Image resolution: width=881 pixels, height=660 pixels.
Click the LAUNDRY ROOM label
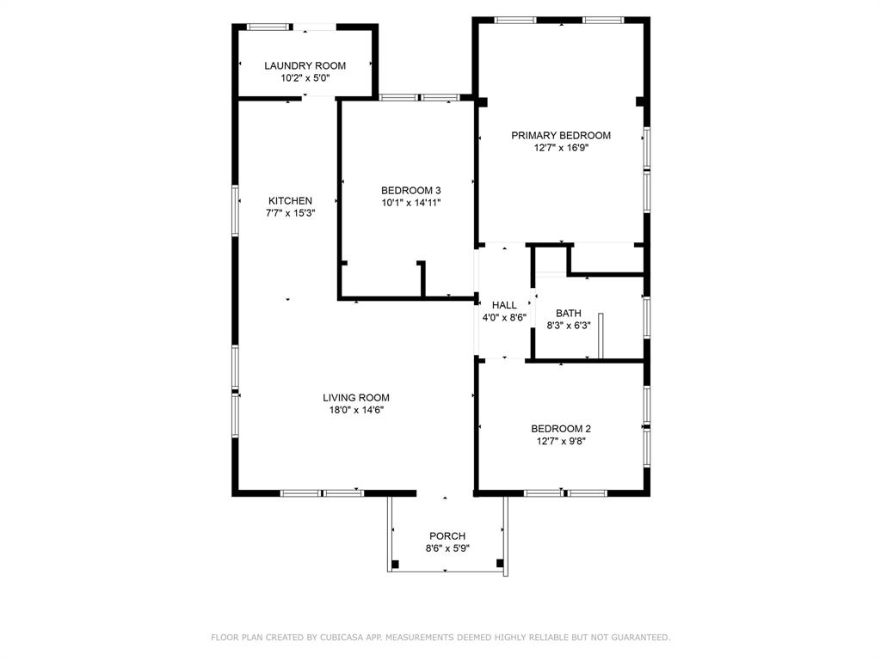[x=305, y=65]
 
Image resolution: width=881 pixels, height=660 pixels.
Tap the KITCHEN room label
[x=290, y=201]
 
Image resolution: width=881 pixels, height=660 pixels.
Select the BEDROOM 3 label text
[x=411, y=191]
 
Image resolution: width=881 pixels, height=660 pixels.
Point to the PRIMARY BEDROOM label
[x=561, y=135]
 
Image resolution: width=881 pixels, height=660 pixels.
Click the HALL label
[x=504, y=305]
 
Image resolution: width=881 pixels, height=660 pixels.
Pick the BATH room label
[x=568, y=314]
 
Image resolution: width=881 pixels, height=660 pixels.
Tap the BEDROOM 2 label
[x=561, y=429]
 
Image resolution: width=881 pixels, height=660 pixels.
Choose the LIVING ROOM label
[x=356, y=398]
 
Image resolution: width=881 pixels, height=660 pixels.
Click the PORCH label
[x=447, y=536]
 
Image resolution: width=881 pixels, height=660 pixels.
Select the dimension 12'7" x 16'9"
[x=561, y=148]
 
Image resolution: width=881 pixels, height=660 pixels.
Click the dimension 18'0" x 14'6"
[x=356, y=410]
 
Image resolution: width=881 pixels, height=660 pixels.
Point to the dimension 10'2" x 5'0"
[x=305, y=78]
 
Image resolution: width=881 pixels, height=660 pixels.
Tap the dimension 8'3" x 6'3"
[x=568, y=326]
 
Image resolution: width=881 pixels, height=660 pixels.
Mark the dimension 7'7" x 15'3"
[x=290, y=213]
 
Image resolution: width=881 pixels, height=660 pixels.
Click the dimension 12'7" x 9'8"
[x=561, y=442]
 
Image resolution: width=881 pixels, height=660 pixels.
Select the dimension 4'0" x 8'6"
[x=504, y=317]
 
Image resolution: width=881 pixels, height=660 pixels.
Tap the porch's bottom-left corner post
[x=395, y=564]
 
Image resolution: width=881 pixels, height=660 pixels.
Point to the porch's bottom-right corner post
[x=500, y=564]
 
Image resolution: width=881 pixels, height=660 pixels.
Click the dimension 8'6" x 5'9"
[x=447, y=548]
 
